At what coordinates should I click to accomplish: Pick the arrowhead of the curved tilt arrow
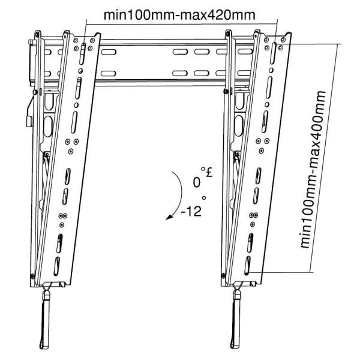(x=170, y=220)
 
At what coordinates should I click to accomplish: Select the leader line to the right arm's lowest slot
(x=282, y=272)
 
